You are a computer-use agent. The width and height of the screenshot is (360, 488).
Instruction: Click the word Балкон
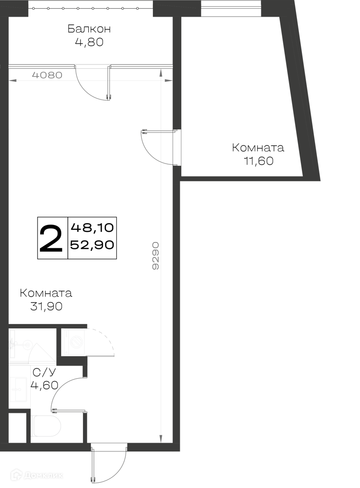(x=89, y=29)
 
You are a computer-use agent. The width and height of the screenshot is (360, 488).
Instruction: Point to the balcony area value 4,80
(x=89, y=42)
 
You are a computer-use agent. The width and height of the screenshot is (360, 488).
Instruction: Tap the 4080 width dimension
(x=47, y=75)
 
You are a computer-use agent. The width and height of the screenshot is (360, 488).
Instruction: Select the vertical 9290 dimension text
(x=155, y=256)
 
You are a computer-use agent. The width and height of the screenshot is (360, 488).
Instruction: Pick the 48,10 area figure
(x=92, y=228)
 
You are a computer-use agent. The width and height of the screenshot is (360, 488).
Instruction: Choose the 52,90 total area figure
(x=92, y=245)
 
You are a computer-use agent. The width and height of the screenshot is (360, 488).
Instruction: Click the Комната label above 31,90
(x=46, y=293)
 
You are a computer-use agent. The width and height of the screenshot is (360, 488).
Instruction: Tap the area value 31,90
(x=46, y=306)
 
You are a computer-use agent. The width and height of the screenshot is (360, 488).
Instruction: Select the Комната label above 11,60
(x=258, y=147)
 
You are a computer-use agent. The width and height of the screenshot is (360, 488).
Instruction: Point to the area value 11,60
(x=258, y=161)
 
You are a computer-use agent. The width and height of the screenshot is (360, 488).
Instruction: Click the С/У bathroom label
(x=44, y=372)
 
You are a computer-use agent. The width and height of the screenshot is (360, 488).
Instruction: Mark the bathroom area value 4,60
(x=44, y=386)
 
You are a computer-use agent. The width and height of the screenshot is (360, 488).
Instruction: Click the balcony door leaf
(x=109, y=83)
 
